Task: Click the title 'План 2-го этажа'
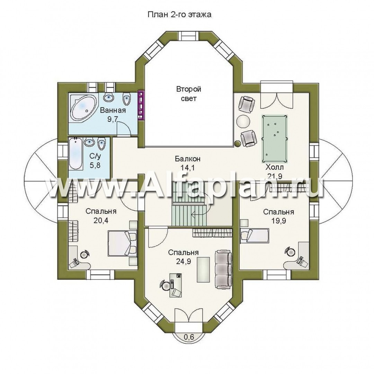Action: [179, 15]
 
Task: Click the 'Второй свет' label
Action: [188, 94]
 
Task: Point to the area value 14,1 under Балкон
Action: [188, 168]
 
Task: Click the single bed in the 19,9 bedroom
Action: [255, 236]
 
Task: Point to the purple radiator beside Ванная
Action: [141, 105]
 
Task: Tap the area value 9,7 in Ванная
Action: [112, 119]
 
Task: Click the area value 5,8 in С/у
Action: [95, 165]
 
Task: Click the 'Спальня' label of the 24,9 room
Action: [183, 252]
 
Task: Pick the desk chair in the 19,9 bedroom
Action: [290, 251]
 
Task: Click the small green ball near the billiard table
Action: [238, 144]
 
